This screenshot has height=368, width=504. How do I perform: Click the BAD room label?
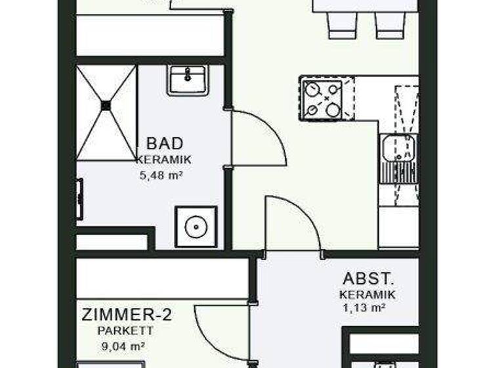coord(165,143)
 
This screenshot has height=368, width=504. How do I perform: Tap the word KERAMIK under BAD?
coord(164,159)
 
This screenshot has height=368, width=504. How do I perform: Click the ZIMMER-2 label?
coord(127,315)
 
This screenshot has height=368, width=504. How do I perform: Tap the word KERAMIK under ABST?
coord(367,294)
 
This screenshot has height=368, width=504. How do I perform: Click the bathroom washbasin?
coord(188,80)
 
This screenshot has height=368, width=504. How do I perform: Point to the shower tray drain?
coord(106,104)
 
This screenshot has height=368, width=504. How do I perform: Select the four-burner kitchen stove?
coord(322,100)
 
